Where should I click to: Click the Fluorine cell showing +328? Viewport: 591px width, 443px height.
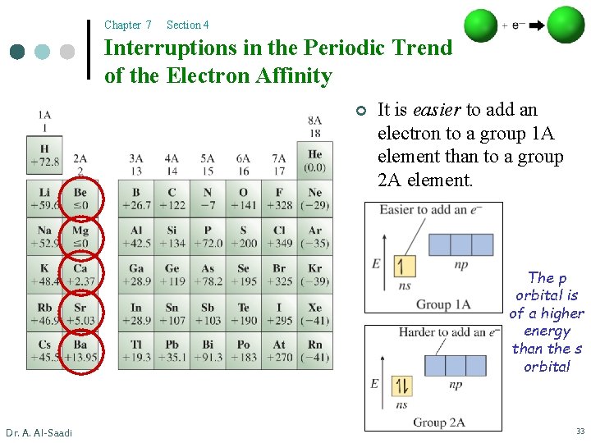tap(279, 199)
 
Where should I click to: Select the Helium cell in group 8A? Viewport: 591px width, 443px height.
tap(315, 161)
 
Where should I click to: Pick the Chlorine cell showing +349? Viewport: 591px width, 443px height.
tap(279, 236)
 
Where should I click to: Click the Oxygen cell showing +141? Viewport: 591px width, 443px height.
tap(243, 199)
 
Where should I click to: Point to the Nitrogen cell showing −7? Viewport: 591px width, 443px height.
tap(208, 199)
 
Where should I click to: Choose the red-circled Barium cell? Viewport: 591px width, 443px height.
tap(80, 350)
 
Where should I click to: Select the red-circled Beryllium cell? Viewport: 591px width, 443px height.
tap(80, 199)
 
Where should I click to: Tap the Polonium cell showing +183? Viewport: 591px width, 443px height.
tap(243, 350)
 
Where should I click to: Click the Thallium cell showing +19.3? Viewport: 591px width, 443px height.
tap(135, 350)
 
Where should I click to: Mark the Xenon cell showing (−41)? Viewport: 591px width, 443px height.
tap(315, 313)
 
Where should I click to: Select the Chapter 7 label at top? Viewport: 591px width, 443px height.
tap(128, 25)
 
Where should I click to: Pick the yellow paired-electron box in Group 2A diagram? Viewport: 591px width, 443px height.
tap(401, 385)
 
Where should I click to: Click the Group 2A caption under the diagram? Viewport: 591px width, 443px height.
tap(438, 422)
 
